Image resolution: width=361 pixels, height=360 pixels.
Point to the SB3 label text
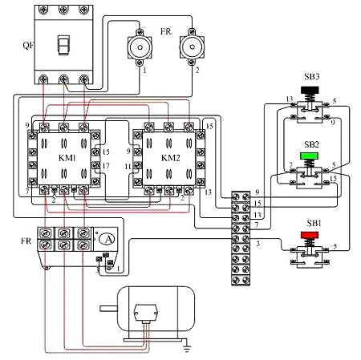coord(311,75)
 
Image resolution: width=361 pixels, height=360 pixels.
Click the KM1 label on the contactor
coord(67,158)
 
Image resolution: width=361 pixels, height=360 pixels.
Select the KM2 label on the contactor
coord(171,158)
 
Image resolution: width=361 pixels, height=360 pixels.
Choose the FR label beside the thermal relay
coord(16,240)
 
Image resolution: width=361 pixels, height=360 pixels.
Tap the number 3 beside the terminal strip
coord(258,242)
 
